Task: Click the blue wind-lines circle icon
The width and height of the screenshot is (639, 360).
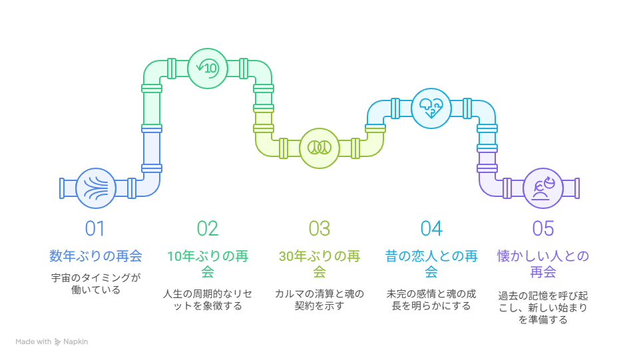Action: [x=96, y=188]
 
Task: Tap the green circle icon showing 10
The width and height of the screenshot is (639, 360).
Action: [x=208, y=69]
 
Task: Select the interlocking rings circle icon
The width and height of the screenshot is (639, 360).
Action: [x=319, y=148]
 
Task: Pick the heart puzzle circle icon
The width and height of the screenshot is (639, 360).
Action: [x=431, y=108]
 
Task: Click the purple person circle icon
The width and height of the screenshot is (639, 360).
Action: [x=543, y=188]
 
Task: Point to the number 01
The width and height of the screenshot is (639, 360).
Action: [x=95, y=228]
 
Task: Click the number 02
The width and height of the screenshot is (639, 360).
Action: [x=208, y=228]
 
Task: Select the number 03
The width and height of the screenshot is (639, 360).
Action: [x=319, y=228]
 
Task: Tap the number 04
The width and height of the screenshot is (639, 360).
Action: [x=431, y=228]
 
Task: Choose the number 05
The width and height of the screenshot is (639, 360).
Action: [x=543, y=228]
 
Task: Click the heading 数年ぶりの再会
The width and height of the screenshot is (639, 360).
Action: [x=96, y=256]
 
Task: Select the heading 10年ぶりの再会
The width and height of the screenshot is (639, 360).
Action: [x=208, y=264]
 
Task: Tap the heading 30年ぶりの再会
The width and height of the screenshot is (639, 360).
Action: [x=319, y=264]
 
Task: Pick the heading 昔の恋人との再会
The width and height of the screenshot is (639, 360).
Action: [x=431, y=264]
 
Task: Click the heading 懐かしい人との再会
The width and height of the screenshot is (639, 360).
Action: [x=543, y=264]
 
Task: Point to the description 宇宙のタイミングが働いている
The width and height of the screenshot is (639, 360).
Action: [x=96, y=284]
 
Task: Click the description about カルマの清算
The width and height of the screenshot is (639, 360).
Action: [x=319, y=299]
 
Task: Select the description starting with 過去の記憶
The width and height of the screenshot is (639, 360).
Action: [x=543, y=307]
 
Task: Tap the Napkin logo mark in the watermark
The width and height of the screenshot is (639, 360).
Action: [x=57, y=342]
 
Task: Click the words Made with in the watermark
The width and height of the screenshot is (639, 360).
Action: [x=33, y=341]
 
